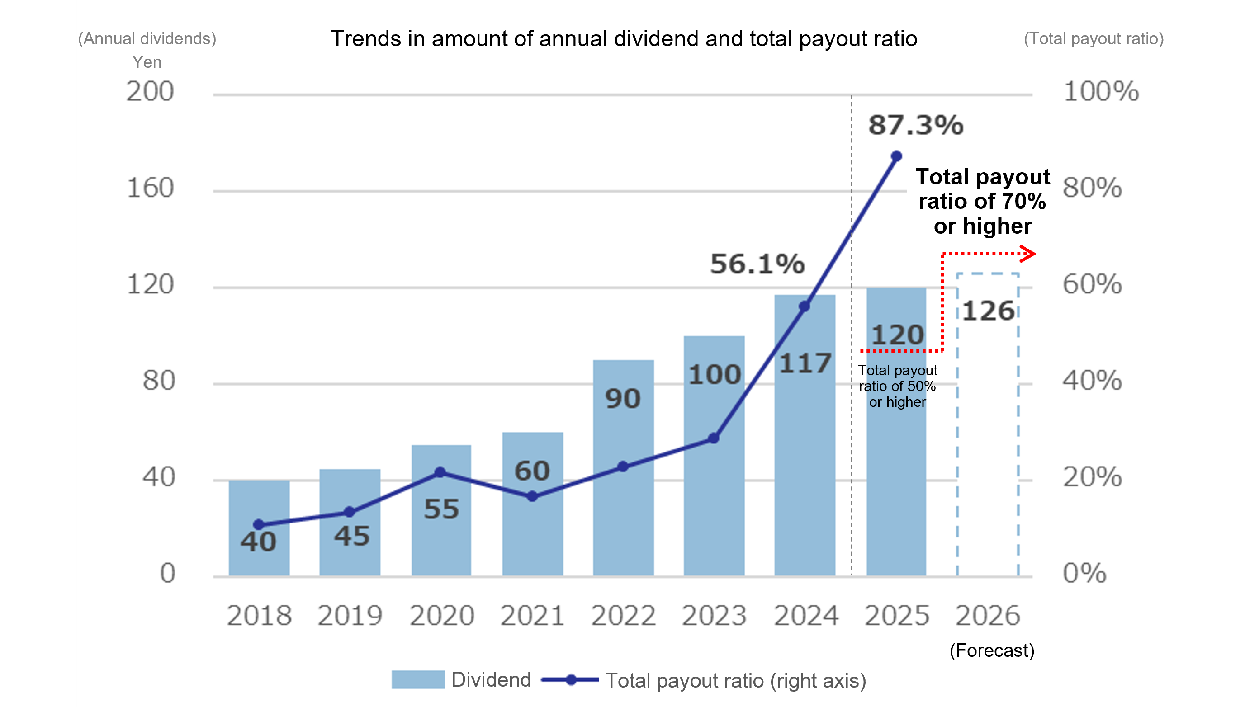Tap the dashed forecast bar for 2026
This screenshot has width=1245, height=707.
click(988, 437)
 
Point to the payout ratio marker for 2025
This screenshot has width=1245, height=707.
click(896, 156)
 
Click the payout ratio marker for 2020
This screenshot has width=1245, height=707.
click(440, 472)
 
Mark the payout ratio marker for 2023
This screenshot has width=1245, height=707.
click(713, 438)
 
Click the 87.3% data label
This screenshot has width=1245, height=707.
click(915, 125)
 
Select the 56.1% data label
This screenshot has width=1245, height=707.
click(757, 264)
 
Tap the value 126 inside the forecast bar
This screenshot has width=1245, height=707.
click(988, 311)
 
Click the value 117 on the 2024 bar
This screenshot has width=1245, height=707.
click(805, 363)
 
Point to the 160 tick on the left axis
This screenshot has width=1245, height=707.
click(150, 188)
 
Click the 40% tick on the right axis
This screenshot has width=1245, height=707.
click(1092, 380)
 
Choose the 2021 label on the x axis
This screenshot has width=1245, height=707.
click(532, 616)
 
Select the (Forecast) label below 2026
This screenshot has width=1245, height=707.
click(991, 650)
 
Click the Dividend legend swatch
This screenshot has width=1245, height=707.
click(418, 679)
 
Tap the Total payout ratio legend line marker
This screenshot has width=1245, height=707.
click(571, 680)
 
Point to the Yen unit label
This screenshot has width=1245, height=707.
click(147, 62)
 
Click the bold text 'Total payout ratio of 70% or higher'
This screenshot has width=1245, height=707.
click(982, 202)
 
